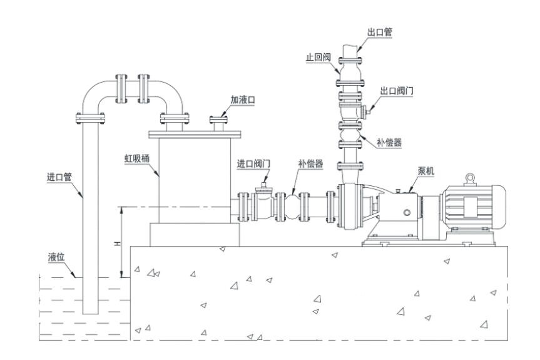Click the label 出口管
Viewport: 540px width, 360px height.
[x=380, y=31]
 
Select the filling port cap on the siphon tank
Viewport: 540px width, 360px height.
[x=220, y=118]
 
